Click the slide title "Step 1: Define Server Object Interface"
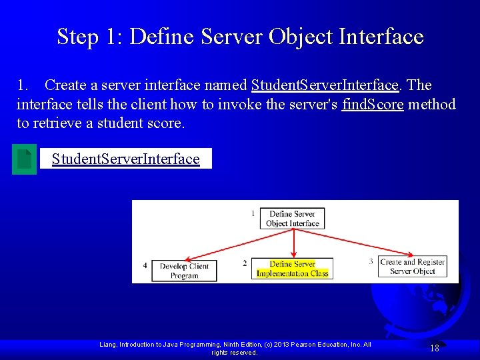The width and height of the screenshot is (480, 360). coord(240,36)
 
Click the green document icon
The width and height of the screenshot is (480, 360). coord(24,159)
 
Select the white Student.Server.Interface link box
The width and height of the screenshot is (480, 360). coord(125,159)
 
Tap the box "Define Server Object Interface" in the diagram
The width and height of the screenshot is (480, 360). coord(293,219)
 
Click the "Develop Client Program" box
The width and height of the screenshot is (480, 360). coord(184,271)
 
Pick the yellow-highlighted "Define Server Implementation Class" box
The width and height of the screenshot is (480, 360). coord(293,269)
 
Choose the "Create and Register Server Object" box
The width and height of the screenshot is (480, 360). coord(412,267)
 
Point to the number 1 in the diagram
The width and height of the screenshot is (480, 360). coord(253,213)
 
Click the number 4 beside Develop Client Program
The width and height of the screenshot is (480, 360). coord(145,266)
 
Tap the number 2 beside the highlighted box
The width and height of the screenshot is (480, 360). coord(245,264)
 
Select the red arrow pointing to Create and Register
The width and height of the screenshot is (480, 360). coord(347,244)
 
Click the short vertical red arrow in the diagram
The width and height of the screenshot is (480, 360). coord(293,245)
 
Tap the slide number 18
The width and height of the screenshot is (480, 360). coord(434,348)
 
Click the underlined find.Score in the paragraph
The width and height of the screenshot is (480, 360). coord(372,105)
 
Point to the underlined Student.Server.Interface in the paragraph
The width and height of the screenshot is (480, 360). coord(325,85)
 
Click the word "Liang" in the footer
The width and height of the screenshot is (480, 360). coord(108,345)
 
